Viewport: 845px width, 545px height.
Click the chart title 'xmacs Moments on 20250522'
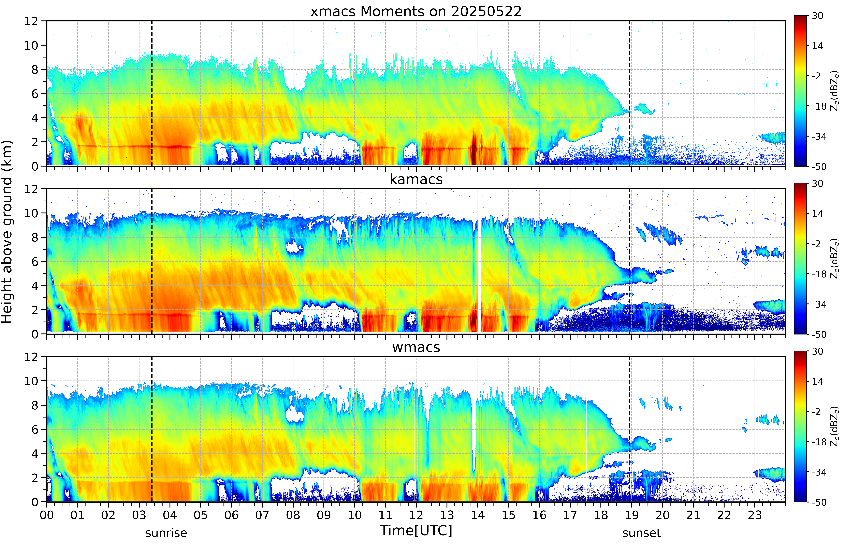coord(416,12)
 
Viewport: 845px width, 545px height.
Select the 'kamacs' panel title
coord(416,179)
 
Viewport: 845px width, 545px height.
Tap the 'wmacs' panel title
coord(416,347)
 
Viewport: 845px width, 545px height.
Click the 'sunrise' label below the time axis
coord(166,533)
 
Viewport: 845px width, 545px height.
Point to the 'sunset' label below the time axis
coord(641,533)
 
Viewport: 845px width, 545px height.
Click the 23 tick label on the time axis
coord(755,515)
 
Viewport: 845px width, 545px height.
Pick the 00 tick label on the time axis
coord(47,515)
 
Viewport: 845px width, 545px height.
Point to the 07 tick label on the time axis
coord(262,515)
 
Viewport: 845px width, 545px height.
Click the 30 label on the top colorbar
coord(817,16)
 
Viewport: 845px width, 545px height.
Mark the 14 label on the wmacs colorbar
coord(817,381)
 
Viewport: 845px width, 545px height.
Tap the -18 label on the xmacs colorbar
coord(819,106)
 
